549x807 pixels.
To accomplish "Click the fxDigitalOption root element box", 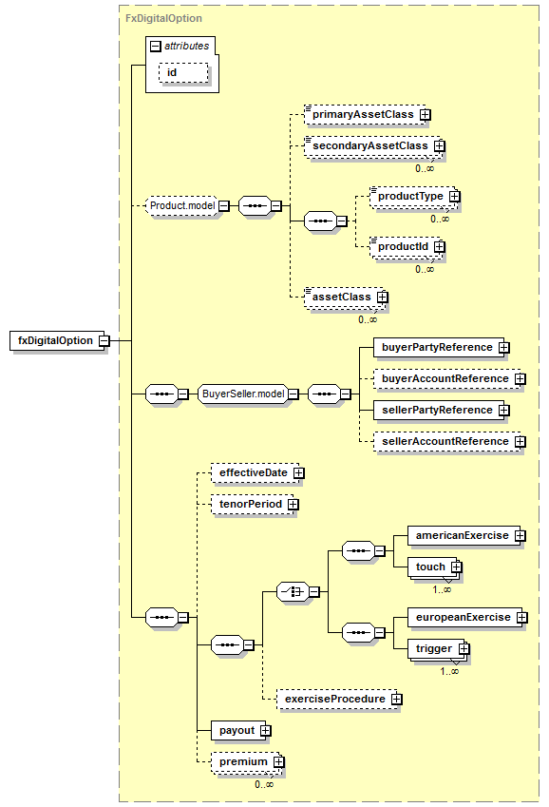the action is click(60, 340).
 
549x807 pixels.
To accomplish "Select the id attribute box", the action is click(183, 72).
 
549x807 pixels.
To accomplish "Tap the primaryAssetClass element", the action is click(368, 114).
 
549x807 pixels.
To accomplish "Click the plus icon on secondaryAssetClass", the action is click(439, 146).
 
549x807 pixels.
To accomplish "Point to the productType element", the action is click(415, 197).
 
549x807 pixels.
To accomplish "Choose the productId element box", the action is click(407, 247).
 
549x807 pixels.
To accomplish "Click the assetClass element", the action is click(346, 297).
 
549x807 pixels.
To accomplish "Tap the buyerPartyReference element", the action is click(442, 347).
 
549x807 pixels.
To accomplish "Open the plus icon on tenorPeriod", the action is click(293, 505).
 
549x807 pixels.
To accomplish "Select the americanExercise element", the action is click(466, 536).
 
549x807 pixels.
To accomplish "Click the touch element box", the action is click(435, 567).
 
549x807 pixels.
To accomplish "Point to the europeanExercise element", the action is click(467, 617).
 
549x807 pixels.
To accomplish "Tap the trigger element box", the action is click(439, 649).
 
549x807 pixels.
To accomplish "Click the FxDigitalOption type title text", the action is click(163, 18).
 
